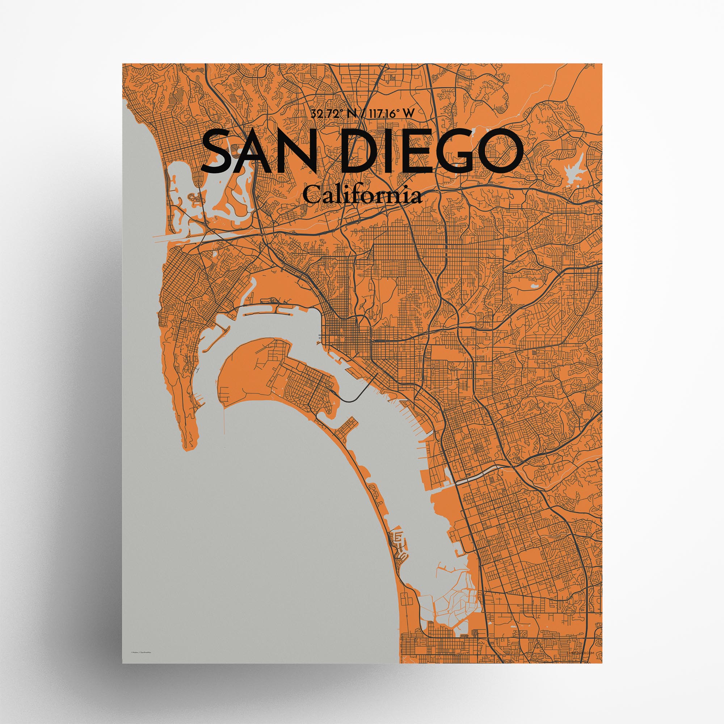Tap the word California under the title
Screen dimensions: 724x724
pyautogui.click(x=362, y=195)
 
